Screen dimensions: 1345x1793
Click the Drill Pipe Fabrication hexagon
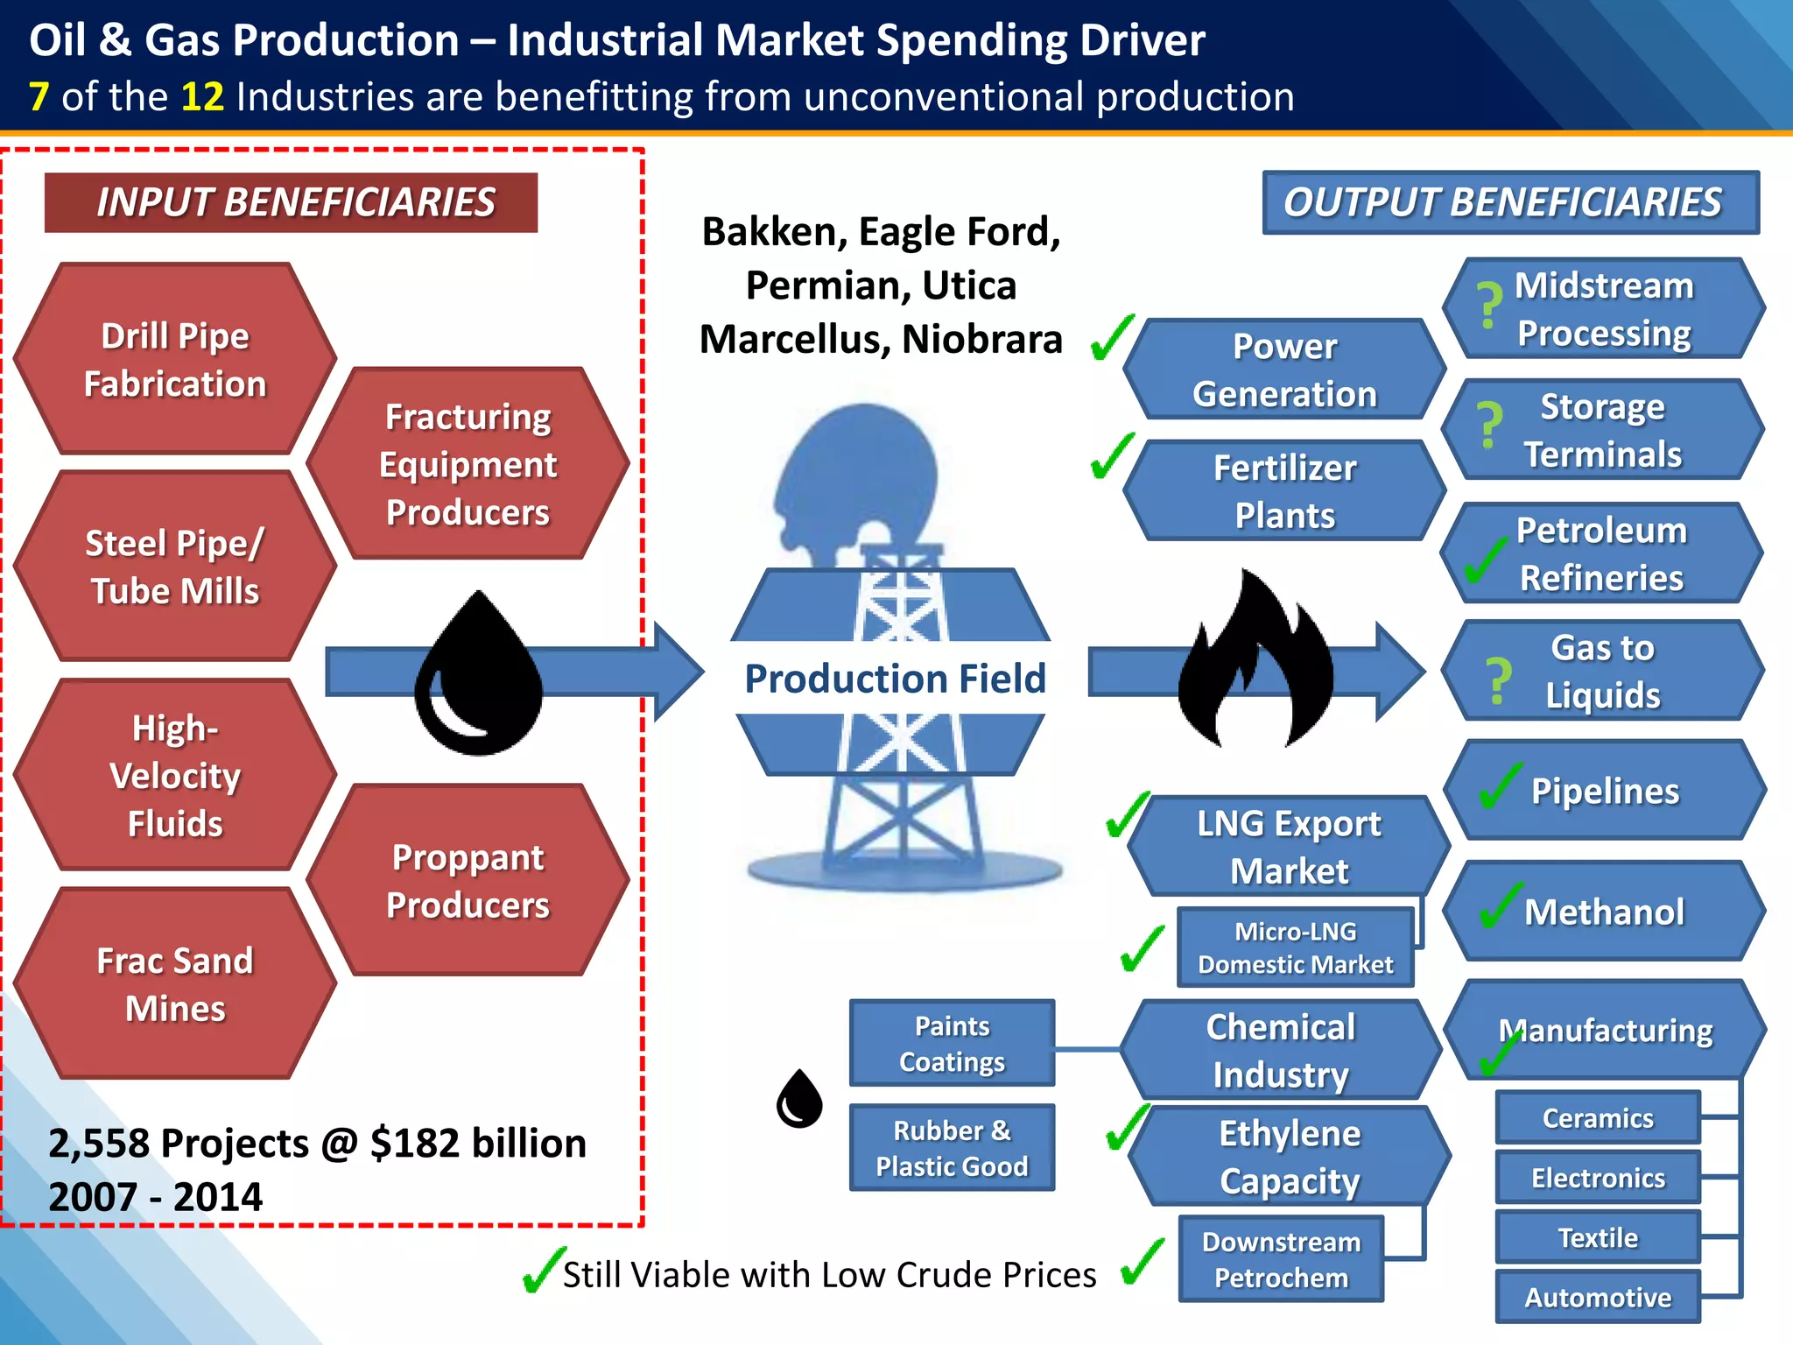[175, 359]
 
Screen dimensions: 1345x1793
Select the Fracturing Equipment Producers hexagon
[468, 463]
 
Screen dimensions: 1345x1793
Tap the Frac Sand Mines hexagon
[175, 984]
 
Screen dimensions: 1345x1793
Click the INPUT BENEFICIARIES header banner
[292, 202]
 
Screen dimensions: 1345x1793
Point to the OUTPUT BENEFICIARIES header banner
[1509, 202]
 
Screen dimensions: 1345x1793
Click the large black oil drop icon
[478, 674]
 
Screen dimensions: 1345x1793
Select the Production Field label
[895, 679]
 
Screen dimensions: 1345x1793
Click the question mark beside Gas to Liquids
[1498, 681]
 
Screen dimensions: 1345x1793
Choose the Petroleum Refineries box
[1601, 553]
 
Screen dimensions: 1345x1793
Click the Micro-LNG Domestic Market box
[1295, 947]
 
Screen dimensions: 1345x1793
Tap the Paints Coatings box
[952, 1043]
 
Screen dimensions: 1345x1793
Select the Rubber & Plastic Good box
[952, 1148]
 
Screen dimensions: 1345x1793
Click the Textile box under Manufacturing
[1597, 1237]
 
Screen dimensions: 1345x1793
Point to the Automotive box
[1597, 1297]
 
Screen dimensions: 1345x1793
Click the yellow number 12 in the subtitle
[202, 96]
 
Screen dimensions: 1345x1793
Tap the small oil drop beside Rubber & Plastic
[799, 1099]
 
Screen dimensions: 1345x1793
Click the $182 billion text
[478, 1143]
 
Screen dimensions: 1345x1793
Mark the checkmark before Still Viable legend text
[543, 1271]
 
